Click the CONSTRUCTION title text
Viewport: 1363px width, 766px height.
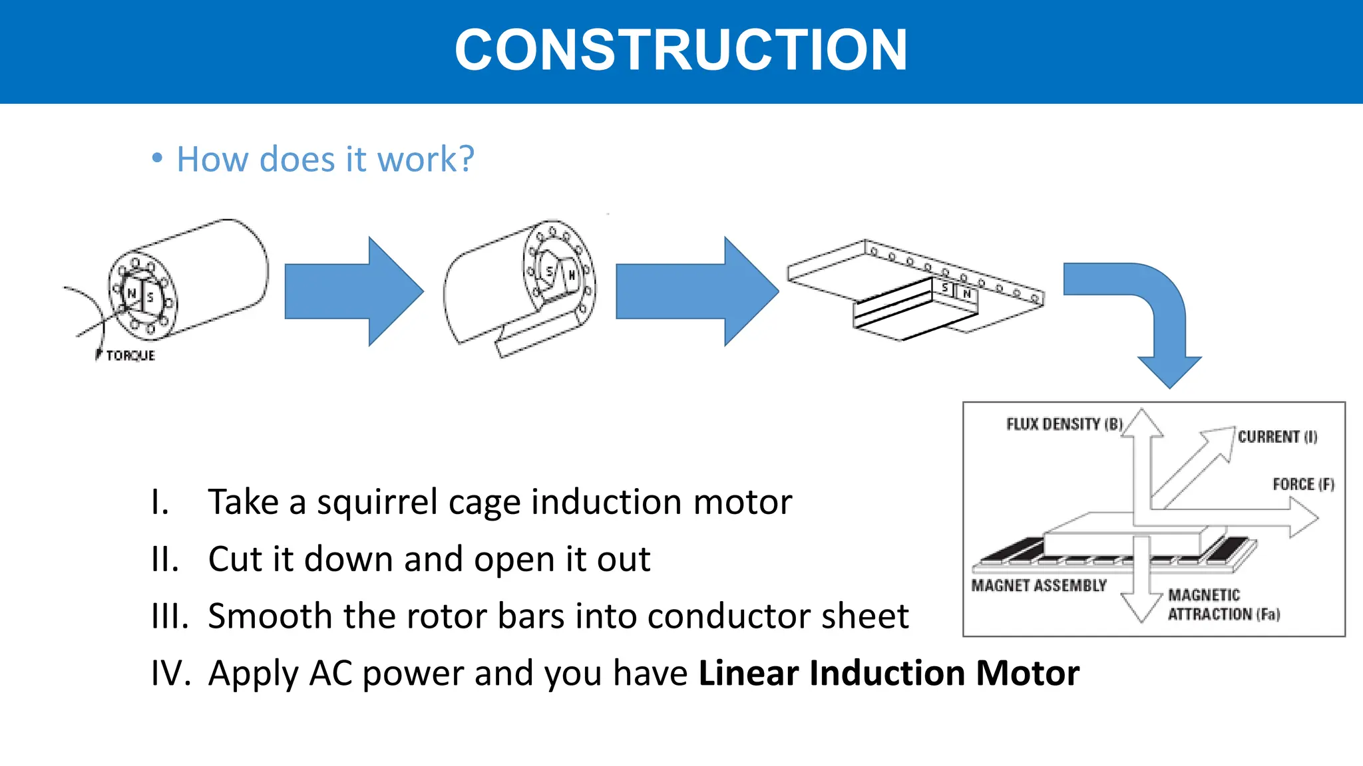680,51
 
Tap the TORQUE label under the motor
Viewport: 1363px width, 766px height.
130,356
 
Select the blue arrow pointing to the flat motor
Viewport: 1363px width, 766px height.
696,291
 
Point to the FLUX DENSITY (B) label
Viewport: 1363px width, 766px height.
1064,424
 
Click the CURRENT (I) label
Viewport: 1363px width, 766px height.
1277,437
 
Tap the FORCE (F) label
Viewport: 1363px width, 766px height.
1303,484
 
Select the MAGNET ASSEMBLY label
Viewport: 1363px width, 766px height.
1038,585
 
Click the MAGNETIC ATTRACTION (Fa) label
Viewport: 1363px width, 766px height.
1223,604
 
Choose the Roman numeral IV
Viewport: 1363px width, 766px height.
170,673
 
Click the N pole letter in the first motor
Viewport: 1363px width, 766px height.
132,293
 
